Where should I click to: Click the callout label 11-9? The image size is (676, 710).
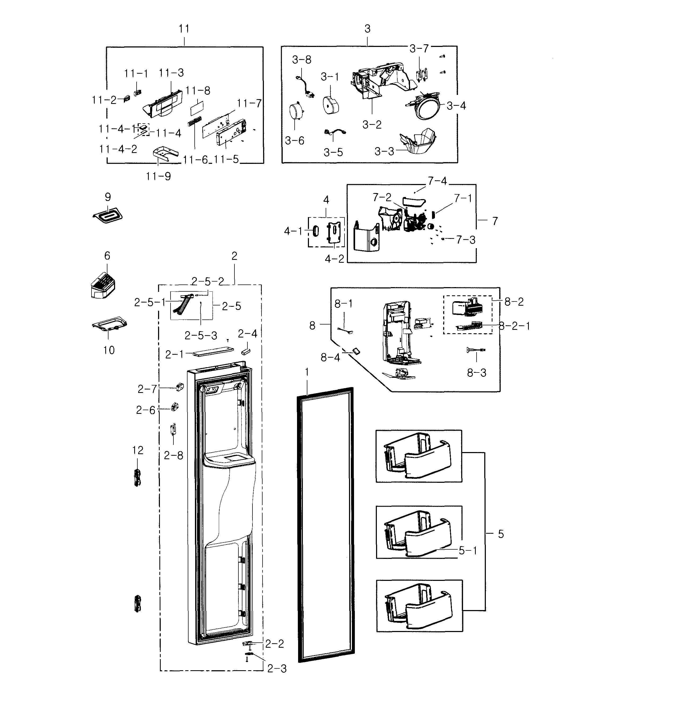[158, 177]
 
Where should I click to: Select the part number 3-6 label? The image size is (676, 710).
[294, 141]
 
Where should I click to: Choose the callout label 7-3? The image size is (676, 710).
[465, 240]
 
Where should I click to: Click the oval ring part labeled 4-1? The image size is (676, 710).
[315, 231]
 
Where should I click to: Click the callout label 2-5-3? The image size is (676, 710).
[201, 336]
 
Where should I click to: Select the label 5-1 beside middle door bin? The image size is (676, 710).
[468, 551]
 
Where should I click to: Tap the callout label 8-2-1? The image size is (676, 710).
[514, 326]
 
